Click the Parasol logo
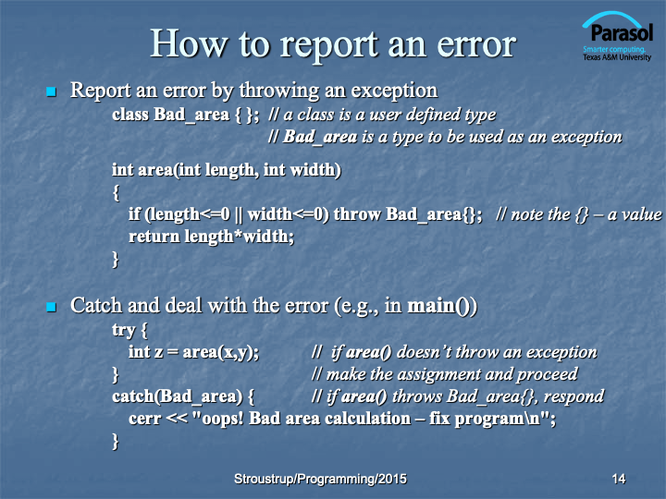(x=617, y=36)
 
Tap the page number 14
(x=619, y=479)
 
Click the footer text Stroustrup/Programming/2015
(x=320, y=479)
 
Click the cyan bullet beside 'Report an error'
(x=52, y=91)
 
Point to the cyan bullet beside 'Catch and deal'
(x=52, y=307)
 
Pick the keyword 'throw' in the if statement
(x=357, y=214)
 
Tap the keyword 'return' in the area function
(x=154, y=237)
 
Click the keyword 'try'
(x=123, y=330)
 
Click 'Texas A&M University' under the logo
(x=617, y=57)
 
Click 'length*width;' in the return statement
(x=240, y=237)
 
